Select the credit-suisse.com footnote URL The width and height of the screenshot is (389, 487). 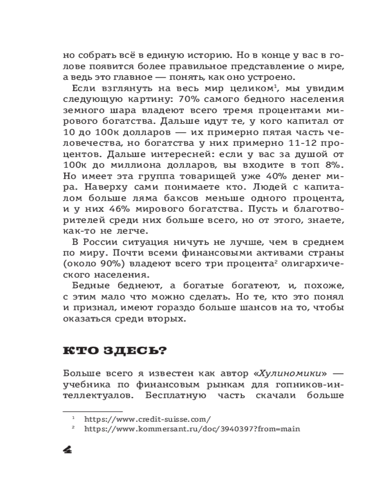[x=147, y=419]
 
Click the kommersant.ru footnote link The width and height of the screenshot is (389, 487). [x=192, y=429]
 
